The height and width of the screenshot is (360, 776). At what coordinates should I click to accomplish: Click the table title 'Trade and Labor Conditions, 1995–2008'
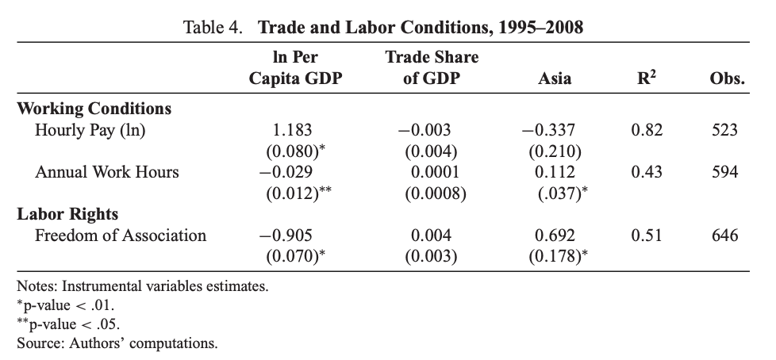coord(421,28)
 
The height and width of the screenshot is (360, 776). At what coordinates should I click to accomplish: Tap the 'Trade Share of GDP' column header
coord(432,67)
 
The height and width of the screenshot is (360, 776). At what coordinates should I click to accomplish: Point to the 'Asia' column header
coord(553,79)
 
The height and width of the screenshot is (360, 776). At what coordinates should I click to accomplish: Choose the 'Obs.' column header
coord(727,79)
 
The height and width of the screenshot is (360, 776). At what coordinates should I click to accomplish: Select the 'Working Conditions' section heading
coord(94,108)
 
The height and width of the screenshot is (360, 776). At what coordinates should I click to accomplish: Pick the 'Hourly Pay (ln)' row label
coord(90,129)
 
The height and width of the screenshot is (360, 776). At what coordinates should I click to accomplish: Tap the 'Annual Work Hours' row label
coord(107,171)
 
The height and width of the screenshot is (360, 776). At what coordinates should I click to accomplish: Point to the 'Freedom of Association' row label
coord(121,235)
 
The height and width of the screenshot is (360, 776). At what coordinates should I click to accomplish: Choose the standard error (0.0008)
coord(432,191)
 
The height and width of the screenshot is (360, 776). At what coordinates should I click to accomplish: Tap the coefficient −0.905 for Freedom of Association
coord(291,235)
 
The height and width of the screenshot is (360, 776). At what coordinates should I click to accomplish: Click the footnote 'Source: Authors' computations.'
coord(117,343)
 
